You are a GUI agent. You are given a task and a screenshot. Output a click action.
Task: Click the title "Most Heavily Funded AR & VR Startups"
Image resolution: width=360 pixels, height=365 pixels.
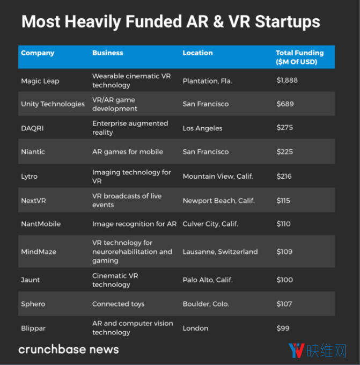coord(171,22)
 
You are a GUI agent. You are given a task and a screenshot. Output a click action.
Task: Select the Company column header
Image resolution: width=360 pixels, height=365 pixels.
coord(38,53)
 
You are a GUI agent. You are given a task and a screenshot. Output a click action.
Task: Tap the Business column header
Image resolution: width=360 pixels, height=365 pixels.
coord(107,53)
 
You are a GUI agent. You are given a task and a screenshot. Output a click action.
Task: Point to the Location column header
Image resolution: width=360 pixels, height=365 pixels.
coord(197,53)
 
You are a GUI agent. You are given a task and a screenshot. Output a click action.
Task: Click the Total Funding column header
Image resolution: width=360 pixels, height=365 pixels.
coord(299,57)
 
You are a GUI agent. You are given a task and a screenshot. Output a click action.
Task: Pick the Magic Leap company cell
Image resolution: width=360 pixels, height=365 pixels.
coord(40,81)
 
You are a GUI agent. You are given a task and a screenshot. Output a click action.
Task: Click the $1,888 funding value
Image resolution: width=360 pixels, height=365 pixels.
coord(287,81)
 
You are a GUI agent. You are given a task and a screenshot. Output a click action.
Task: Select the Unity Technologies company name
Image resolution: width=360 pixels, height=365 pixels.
coord(53,104)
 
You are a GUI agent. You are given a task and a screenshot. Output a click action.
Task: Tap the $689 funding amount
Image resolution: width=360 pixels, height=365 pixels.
coord(285,104)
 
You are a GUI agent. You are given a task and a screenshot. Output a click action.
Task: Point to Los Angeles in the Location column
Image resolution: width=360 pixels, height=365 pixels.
coord(202,128)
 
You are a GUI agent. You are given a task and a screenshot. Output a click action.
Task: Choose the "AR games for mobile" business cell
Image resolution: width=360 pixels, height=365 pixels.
coord(128,152)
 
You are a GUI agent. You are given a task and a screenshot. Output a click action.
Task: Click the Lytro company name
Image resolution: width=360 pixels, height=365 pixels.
coord(30,176)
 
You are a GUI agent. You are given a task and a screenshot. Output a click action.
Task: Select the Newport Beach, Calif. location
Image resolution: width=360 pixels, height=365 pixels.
coord(218,201)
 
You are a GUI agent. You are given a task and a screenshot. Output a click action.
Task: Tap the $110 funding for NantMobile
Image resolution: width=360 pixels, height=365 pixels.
coord(284,224)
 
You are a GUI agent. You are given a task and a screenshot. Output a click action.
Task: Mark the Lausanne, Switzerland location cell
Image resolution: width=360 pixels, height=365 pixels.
coord(220,252)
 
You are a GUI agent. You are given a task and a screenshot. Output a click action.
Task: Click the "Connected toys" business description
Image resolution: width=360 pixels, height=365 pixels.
coord(118,304)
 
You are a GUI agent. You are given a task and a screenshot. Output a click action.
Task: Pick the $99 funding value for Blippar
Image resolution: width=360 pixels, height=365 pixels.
coord(283,328)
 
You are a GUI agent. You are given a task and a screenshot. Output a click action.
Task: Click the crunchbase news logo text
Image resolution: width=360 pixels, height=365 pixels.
coord(69,349)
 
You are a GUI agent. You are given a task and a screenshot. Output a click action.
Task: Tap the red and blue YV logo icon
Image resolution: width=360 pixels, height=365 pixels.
coord(297,350)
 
